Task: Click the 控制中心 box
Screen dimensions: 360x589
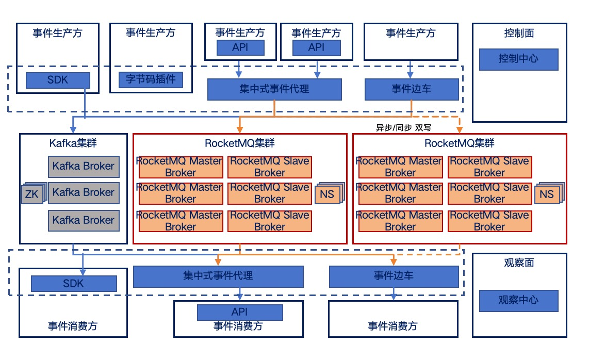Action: (518, 59)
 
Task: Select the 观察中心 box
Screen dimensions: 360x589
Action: (518, 301)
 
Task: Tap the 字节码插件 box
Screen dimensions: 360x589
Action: (151, 80)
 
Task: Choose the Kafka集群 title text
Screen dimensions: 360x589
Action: (73, 143)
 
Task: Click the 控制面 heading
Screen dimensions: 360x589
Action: (519, 34)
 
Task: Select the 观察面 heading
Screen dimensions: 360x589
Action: (519, 263)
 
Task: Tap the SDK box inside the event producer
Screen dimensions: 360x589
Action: (58, 80)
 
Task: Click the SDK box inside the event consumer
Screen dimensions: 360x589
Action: (73, 284)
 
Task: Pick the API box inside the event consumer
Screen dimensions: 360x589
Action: (240, 312)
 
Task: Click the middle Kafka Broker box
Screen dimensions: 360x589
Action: (84, 193)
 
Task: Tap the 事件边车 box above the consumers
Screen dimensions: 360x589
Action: (394, 276)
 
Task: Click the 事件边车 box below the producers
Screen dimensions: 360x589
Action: (411, 89)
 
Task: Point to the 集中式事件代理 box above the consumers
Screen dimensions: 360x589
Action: (218, 276)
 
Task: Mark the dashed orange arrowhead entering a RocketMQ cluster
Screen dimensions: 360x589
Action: (459, 130)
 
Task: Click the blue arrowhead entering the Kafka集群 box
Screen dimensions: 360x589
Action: (73, 130)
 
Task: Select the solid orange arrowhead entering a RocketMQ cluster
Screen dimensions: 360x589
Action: (240, 130)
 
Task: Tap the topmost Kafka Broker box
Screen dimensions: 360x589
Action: (84, 167)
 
